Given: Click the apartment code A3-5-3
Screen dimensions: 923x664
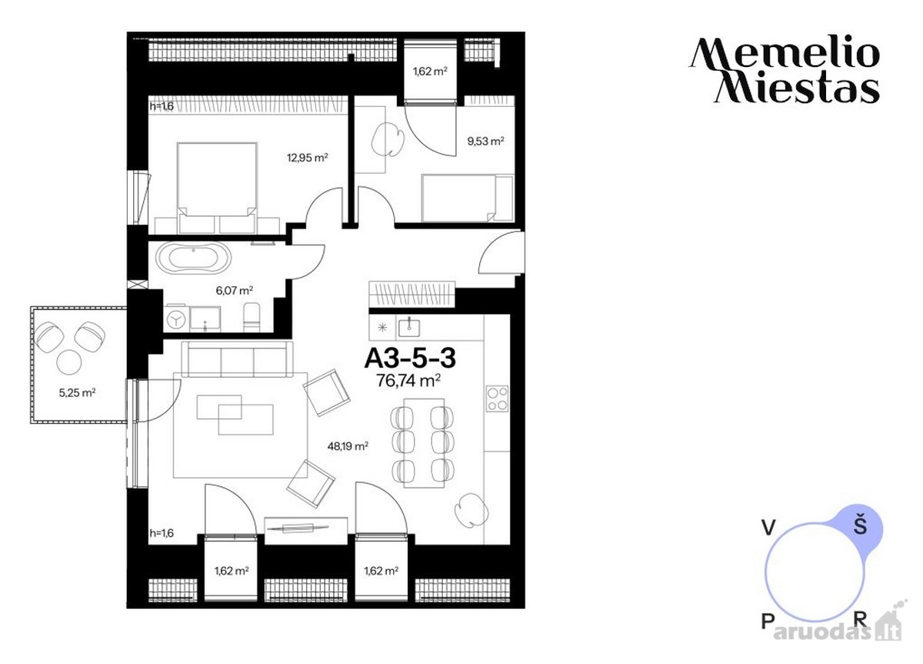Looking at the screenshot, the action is click(410, 359).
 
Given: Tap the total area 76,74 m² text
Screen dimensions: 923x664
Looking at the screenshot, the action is click(408, 380).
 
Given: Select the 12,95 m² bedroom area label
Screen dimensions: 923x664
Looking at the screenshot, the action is click(308, 158).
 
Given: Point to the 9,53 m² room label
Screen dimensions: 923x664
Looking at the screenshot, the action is click(486, 142).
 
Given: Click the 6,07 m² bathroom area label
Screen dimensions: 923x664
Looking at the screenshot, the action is click(234, 291).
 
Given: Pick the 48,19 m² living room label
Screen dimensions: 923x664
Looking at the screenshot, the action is click(348, 446).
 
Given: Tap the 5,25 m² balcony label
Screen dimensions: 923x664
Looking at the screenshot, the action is click(77, 392).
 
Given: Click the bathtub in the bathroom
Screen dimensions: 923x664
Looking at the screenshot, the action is click(193, 257).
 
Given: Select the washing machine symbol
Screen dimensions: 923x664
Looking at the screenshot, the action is click(176, 319).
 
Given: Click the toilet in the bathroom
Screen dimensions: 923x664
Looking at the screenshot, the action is click(252, 317).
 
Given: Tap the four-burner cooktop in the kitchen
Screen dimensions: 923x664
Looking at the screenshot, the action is click(497, 399).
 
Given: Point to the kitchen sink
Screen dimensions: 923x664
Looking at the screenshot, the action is click(408, 328).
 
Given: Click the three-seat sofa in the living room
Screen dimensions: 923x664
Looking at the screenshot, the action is click(237, 359).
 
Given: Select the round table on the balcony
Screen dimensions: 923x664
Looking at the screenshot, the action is click(69, 362).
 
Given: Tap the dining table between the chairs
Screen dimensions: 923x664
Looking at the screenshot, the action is click(424, 443).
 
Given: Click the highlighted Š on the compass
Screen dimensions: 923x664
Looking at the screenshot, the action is click(861, 526).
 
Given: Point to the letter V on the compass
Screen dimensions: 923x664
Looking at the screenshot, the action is click(768, 528).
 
